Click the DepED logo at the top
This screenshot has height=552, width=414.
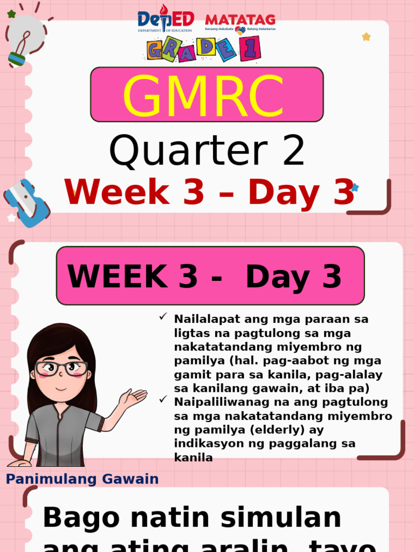pos(165,20)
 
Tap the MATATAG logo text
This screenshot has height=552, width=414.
pos(240,20)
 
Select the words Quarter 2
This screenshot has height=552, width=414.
pos(207,151)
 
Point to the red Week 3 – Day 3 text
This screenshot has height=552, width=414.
pos(209,192)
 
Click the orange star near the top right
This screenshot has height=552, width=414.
pos(366,37)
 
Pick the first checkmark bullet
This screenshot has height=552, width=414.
pos(163,317)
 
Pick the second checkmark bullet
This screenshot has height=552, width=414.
pos(163,399)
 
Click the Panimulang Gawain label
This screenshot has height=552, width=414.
pos(82,479)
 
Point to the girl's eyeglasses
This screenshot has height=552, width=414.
pos(61,369)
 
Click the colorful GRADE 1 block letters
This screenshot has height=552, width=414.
pos(204,49)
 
